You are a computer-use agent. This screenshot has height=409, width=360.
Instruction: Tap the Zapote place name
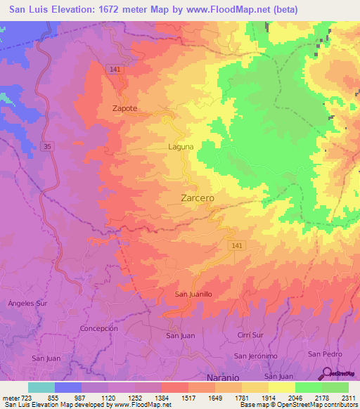125,108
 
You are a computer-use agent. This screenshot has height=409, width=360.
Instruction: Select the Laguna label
181,147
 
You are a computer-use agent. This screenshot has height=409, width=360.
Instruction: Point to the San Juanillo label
193,294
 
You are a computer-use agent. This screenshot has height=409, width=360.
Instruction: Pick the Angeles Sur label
27,303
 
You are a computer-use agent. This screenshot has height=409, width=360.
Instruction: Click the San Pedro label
324,353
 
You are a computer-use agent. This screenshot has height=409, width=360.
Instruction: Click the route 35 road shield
47,146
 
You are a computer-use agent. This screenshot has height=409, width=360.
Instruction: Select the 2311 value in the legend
347,397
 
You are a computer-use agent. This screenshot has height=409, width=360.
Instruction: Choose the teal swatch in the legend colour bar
41,387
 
